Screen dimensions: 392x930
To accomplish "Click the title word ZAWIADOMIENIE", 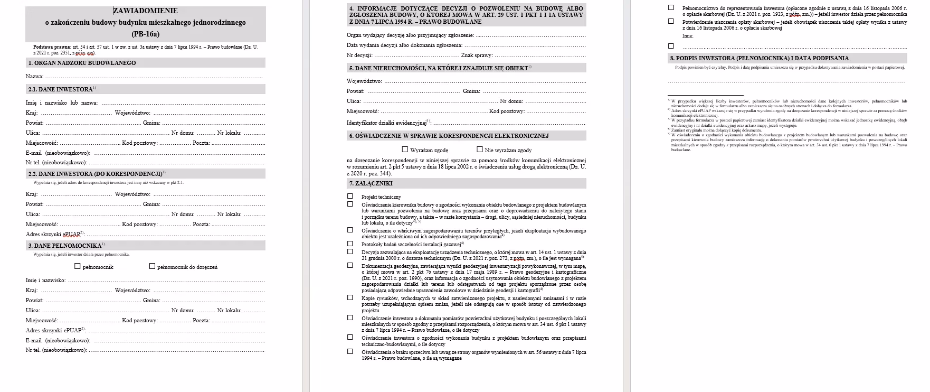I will tap(146, 11).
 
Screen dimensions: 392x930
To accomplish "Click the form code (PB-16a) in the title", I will tap(145, 34).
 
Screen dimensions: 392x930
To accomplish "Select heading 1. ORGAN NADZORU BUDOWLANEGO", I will tap(82, 63).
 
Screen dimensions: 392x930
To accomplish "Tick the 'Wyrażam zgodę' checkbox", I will tap(405, 150).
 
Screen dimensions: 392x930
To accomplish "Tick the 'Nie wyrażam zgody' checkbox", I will tap(480, 150).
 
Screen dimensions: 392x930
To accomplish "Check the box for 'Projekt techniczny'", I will tap(350, 196).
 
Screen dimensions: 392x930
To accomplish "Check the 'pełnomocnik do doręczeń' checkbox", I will tap(153, 266).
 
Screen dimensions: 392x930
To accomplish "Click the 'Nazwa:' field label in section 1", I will tap(34, 77).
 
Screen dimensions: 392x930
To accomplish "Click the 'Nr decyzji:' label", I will tap(359, 55).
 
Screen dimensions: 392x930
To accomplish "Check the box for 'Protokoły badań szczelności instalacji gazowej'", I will tap(350, 244).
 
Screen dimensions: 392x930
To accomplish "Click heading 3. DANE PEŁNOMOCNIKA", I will tap(65, 246).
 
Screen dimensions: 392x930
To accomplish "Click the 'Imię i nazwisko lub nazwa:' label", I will tap(61, 102).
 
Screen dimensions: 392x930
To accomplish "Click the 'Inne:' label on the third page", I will tap(688, 36).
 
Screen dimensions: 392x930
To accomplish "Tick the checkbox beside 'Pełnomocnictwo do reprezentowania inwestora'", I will tap(671, 8).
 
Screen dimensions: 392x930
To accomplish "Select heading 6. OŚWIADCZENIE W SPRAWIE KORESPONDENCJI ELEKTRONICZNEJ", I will tap(449, 136).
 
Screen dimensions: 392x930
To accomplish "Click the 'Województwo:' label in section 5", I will tap(364, 81).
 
